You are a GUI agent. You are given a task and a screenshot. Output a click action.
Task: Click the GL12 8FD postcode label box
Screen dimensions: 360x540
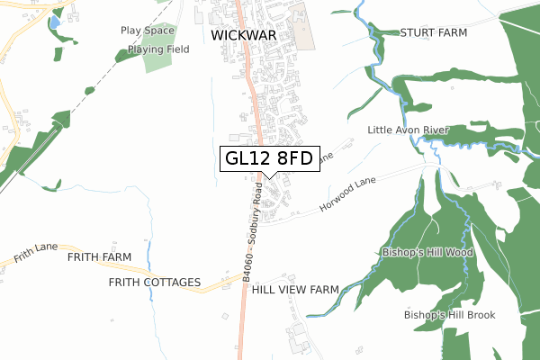click(269, 159)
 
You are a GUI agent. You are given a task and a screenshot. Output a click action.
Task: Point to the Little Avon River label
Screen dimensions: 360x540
click(408, 130)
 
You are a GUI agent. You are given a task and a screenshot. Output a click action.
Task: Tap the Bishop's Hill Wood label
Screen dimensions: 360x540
click(427, 252)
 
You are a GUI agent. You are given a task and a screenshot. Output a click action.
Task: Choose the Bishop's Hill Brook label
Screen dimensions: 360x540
click(449, 315)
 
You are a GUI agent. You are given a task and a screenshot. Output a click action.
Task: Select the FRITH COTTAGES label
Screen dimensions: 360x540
click(154, 283)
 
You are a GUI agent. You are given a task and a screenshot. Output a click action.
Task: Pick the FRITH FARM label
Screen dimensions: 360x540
click(99, 257)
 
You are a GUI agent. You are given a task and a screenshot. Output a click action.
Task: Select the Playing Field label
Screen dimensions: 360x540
click(157, 49)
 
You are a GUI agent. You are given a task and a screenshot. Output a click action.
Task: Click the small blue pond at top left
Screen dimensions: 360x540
click(54, 20)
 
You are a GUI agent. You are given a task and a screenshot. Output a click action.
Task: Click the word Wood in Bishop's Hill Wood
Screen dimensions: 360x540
click(459, 252)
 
